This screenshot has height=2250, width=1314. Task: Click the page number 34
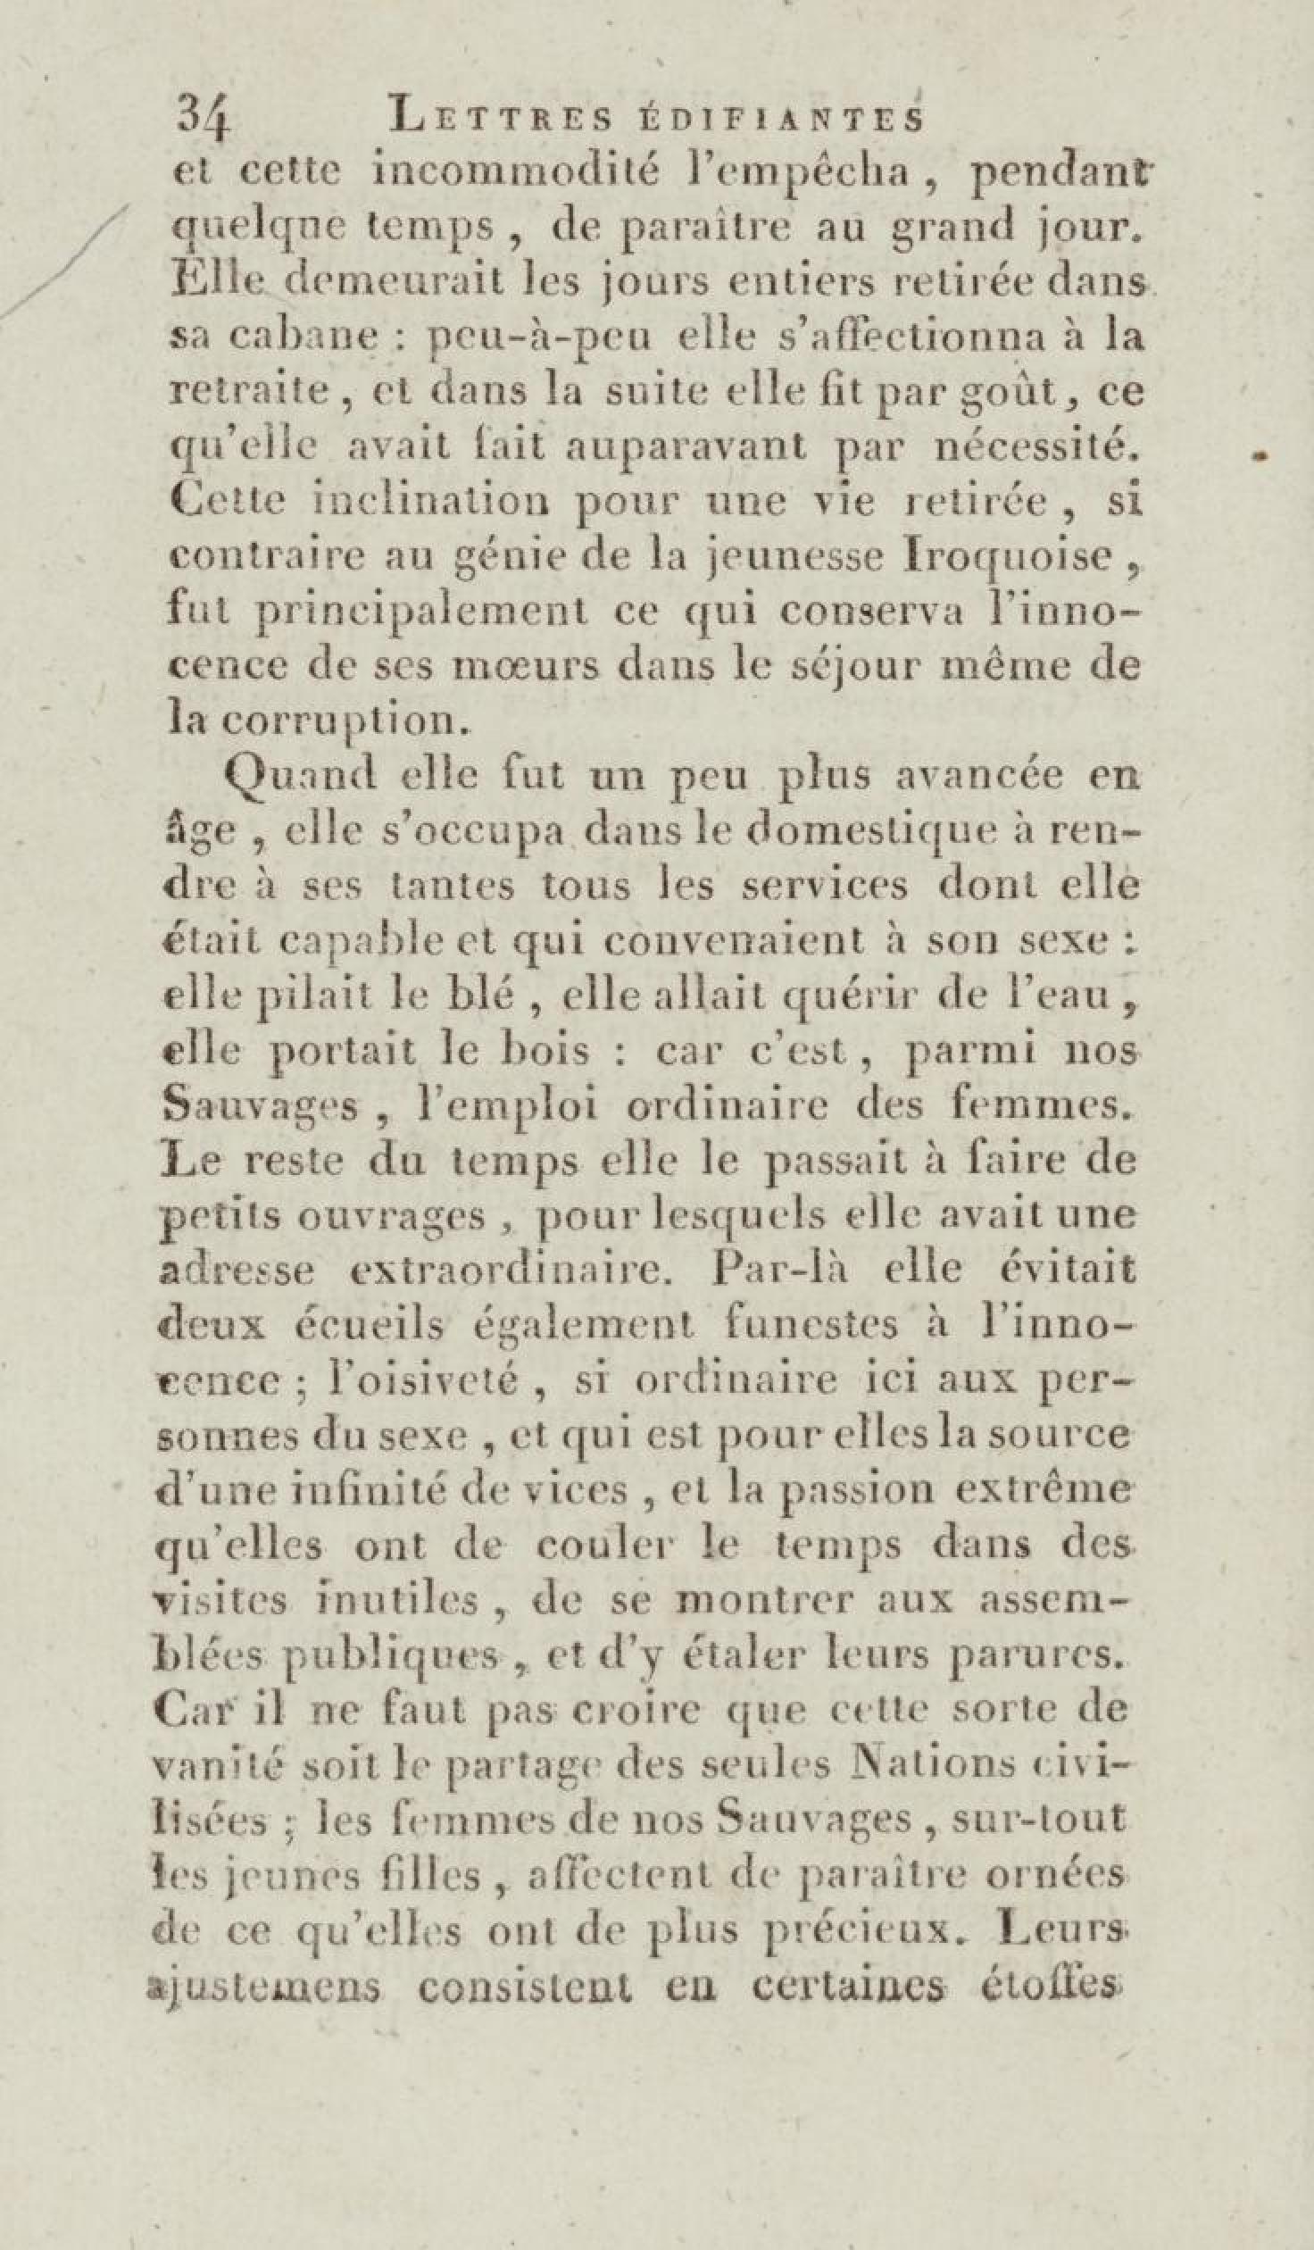pyautogui.click(x=204, y=115)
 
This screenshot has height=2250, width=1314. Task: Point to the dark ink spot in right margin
pyautogui.click(x=1260, y=456)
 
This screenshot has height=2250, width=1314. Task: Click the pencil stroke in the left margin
pyautogui.click(x=62, y=262)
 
